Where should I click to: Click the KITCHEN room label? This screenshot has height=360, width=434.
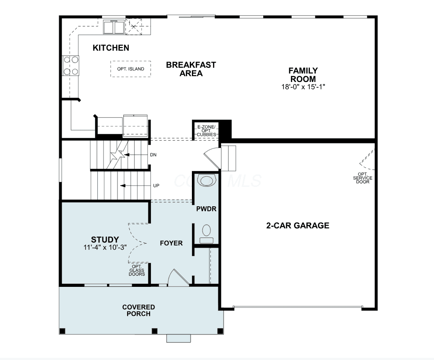[x=111, y=48]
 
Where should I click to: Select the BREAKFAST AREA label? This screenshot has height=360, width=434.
[x=191, y=69]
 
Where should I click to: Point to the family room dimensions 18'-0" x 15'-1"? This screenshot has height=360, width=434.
[x=303, y=87]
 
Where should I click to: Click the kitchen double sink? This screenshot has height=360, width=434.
[x=114, y=27]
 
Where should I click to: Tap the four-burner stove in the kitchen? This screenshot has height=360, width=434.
[x=71, y=66]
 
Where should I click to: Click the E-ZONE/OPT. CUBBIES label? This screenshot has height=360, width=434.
[x=206, y=130]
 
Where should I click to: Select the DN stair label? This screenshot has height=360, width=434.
[x=153, y=155]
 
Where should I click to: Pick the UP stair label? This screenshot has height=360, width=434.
[x=156, y=186]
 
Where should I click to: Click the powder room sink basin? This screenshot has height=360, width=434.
[x=206, y=181]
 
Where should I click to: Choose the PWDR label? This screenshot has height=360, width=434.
[x=206, y=209]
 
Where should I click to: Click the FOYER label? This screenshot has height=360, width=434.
[x=171, y=243]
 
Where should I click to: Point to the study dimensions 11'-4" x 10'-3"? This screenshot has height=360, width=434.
[x=105, y=247]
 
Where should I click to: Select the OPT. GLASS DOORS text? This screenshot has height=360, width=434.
[x=137, y=270]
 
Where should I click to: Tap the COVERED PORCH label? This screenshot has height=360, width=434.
[x=138, y=310]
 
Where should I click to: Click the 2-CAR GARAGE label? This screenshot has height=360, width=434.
[x=298, y=226]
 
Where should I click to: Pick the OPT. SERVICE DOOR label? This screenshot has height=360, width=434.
[x=363, y=178]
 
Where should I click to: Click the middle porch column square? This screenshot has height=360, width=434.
[x=154, y=331]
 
